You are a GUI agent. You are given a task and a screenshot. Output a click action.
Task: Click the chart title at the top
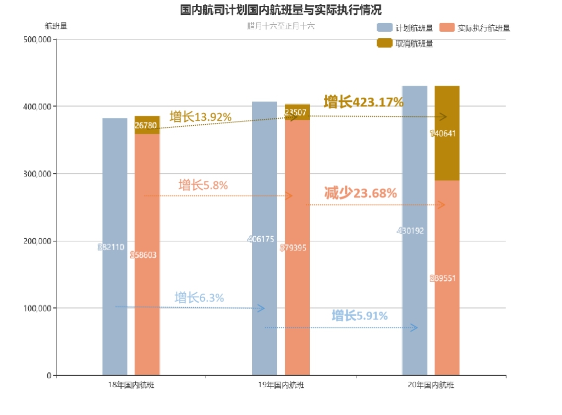[281, 10]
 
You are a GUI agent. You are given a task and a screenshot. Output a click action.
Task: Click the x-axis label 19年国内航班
[281, 385]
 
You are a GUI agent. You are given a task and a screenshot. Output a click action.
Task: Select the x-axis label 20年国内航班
[431, 385]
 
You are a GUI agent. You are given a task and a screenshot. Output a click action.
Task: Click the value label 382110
[111, 247]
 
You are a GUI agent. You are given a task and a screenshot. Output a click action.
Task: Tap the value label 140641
[443, 133]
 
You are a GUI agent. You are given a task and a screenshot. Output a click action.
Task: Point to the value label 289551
[443, 278]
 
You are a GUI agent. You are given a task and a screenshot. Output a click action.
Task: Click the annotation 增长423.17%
[363, 103]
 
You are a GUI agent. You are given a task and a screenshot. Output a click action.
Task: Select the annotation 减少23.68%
[360, 193]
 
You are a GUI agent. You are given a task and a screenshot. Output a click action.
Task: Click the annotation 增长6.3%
[199, 298]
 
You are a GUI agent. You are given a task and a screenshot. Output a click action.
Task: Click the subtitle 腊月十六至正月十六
[281, 26]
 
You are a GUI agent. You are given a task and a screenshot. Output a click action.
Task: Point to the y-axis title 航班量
[56, 26]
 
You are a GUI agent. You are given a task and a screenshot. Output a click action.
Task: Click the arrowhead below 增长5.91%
[414, 327]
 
